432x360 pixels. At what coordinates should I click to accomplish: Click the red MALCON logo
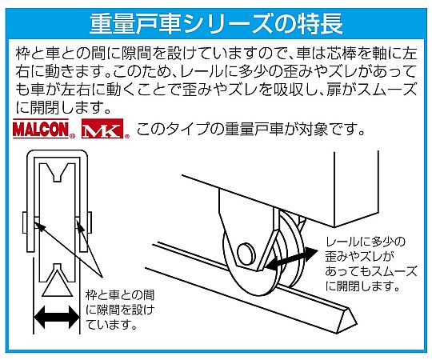tap(41, 129)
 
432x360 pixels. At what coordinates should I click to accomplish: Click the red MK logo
tap(102, 129)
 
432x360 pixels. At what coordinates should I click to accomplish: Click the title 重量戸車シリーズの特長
tap(217, 24)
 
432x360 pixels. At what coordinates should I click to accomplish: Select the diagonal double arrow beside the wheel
tap(291, 258)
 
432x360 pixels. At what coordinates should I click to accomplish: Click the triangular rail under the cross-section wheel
tap(57, 283)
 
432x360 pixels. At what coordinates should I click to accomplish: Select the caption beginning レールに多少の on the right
tap(371, 264)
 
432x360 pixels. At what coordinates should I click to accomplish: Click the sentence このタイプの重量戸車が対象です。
tap(250, 129)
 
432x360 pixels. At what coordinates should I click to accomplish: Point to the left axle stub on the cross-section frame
tap(24, 222)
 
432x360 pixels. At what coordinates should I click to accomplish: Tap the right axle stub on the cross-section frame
tap(90, 222)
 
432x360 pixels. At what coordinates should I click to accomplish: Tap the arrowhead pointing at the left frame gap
tap(39, 225)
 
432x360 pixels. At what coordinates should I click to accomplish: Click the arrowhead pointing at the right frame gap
tap(79, 226)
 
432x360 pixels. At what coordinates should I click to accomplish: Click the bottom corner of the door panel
tap(334, 226)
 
